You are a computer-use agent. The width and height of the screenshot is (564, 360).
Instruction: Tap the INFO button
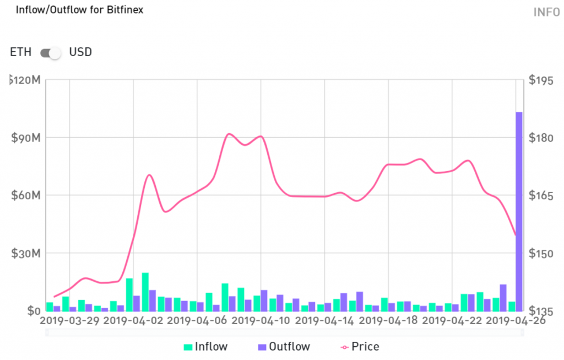click(x=546, y=12)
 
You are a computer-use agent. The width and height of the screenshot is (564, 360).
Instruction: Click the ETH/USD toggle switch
click(x=50, y=53)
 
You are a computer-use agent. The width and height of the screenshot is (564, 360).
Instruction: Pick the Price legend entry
click(x=360, y=347)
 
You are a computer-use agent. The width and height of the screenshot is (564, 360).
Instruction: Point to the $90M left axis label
click(x=25, y=138)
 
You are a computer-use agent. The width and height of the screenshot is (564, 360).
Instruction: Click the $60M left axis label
click(x=25, y=195)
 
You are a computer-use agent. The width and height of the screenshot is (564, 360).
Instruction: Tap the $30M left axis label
click(x=25, y=254)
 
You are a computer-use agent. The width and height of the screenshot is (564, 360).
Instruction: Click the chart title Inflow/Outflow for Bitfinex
click(x=79, y=10)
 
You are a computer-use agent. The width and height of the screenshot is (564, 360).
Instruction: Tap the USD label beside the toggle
click(x=80, y=52)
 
